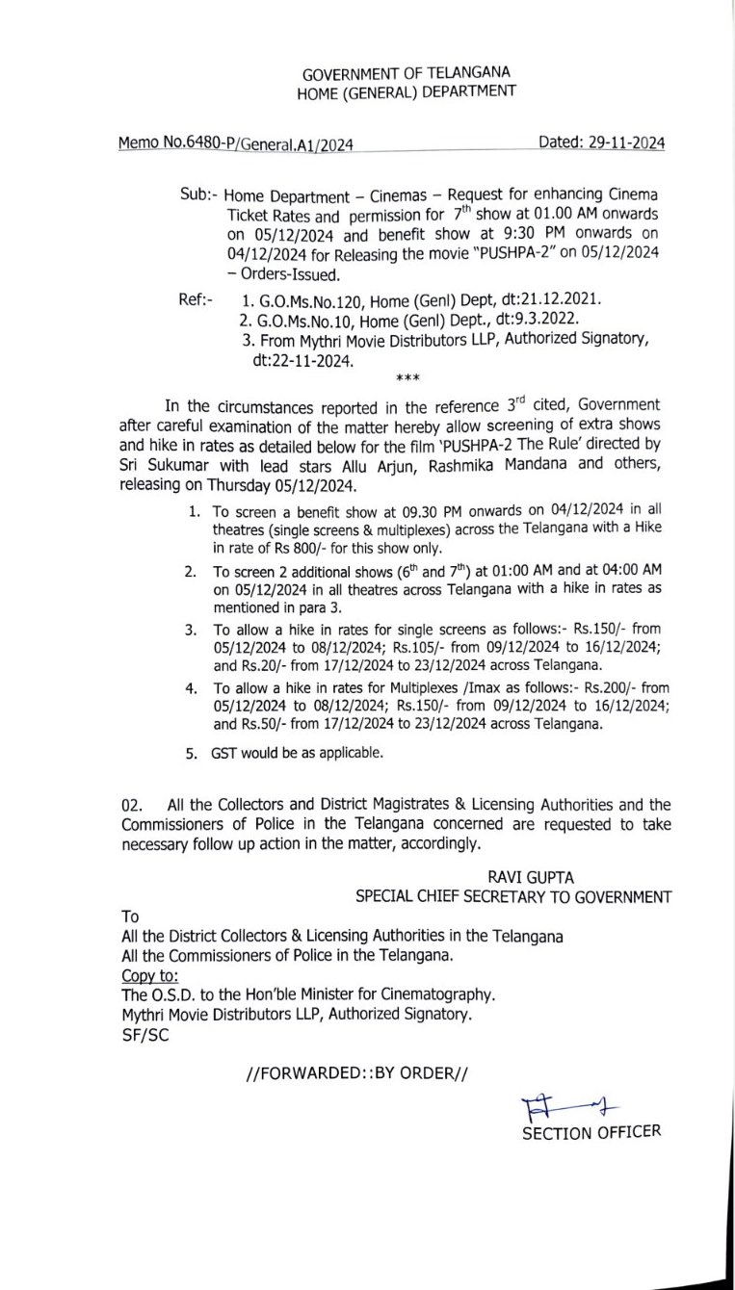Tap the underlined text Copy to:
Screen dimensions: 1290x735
coord(151,975)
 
